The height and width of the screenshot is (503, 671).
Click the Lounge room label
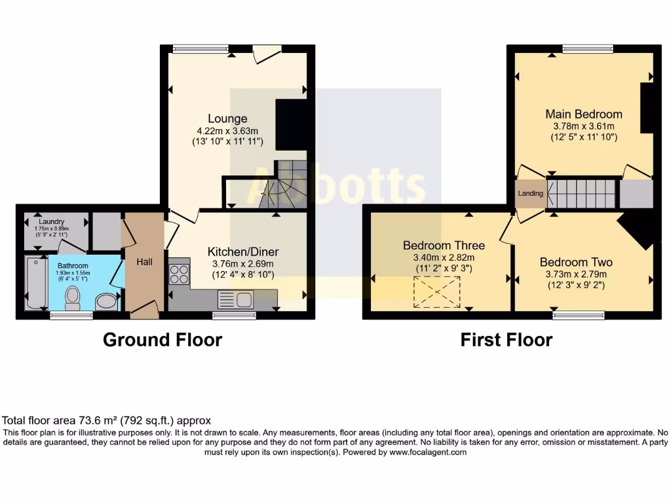coord(227,119)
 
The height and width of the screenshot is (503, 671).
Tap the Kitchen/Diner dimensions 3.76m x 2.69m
coord(243,264)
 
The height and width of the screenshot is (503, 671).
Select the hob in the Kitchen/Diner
coord(179,274)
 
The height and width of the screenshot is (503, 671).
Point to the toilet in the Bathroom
coord(72,299)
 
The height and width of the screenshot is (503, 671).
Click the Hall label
coord(144,262)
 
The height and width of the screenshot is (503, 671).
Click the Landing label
coord(530,194)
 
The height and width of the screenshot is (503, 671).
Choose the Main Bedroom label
coord(584,114)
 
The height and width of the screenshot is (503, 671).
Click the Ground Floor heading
coord(163,340)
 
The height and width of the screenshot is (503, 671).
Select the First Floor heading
coord(506,340)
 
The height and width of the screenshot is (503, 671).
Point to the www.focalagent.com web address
coord(427,452)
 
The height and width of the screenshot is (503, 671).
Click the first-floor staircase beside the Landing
coord(583,193)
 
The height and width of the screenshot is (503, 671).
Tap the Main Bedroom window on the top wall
coord(587,48)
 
